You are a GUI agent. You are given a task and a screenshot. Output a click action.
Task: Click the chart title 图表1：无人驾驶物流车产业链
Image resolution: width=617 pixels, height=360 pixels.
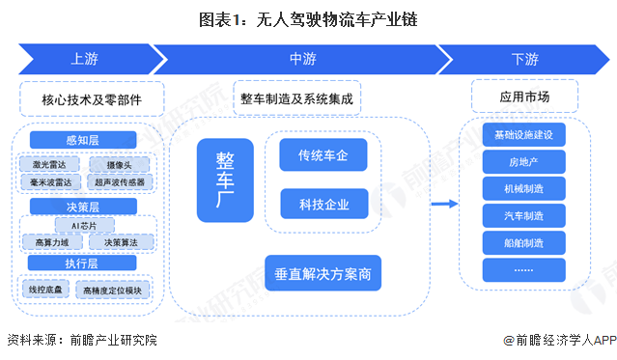pos(309,18)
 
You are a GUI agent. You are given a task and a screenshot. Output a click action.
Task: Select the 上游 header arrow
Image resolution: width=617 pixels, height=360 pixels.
pos(84,59)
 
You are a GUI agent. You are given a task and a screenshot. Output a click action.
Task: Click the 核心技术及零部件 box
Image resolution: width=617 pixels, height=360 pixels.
pos(91,98)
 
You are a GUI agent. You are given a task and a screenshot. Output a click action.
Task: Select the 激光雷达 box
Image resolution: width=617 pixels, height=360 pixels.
pos(48,163)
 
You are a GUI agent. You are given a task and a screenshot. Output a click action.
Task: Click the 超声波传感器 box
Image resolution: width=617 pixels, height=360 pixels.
pos(120,180)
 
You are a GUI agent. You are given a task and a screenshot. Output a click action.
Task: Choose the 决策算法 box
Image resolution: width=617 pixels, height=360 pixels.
pos(121,242)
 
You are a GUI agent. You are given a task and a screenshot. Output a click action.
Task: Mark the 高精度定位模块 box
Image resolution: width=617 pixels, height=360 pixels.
pos(114,288)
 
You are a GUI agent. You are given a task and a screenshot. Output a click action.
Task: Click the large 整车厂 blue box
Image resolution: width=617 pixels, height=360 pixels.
pos(225,180)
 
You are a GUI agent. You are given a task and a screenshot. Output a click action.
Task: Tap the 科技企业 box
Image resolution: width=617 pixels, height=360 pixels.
pos(323,204)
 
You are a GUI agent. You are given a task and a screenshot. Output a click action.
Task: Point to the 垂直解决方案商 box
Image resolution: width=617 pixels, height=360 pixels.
pos(323,272)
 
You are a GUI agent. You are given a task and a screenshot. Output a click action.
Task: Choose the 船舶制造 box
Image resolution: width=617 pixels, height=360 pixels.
pos(523,242)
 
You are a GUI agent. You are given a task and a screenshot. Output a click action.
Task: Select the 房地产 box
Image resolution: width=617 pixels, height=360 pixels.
pos(523,161)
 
